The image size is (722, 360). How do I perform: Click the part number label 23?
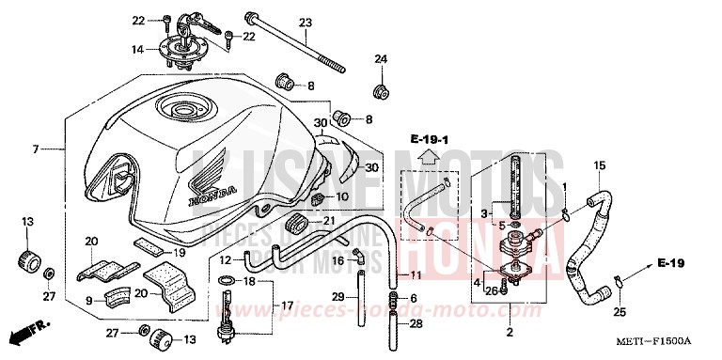point(305,23)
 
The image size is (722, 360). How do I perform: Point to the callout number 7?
point(35,149)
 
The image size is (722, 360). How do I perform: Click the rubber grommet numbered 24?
point(381,91)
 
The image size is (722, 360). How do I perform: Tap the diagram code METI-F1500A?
point(668,340)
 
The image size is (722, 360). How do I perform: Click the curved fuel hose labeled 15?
point(593,226)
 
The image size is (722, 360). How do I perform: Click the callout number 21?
point(329,221)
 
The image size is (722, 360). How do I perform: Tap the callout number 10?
point(342,197)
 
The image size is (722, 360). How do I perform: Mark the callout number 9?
point(89,301)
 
